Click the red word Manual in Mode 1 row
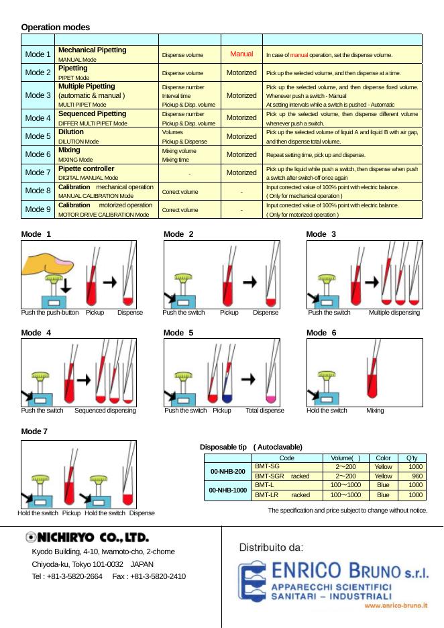(241, 54)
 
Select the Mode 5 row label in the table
(38, 137)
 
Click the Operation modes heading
(55, 27)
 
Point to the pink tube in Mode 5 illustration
(271, 395)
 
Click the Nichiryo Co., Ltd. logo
(87, 537)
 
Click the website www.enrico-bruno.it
(396, 605)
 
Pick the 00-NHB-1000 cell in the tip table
(227, 490)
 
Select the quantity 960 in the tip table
(416, 476)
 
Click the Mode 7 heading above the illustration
(34, 431)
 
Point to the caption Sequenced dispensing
(105, 410)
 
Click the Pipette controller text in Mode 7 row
(87, 168)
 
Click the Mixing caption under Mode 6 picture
(375, 410)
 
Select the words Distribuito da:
(272, 548)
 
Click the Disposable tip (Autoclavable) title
(251, 447)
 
